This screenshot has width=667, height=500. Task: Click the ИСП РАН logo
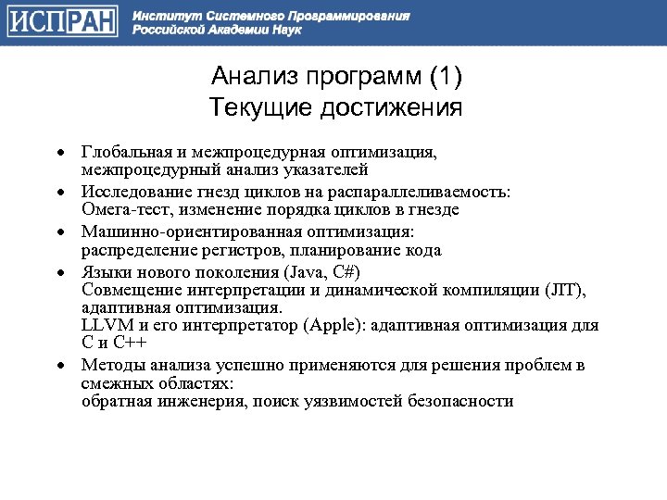pyautogui.click(x=63, y=22)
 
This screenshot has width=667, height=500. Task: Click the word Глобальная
pyautogui.click(x=122, y=150)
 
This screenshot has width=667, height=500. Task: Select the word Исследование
pyautogui.click(x=132, y=191)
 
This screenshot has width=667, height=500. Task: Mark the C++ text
pyautogui.click(x=136, y=344)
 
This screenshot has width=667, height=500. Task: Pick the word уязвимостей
pyautogui.click(x=360, y=402)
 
